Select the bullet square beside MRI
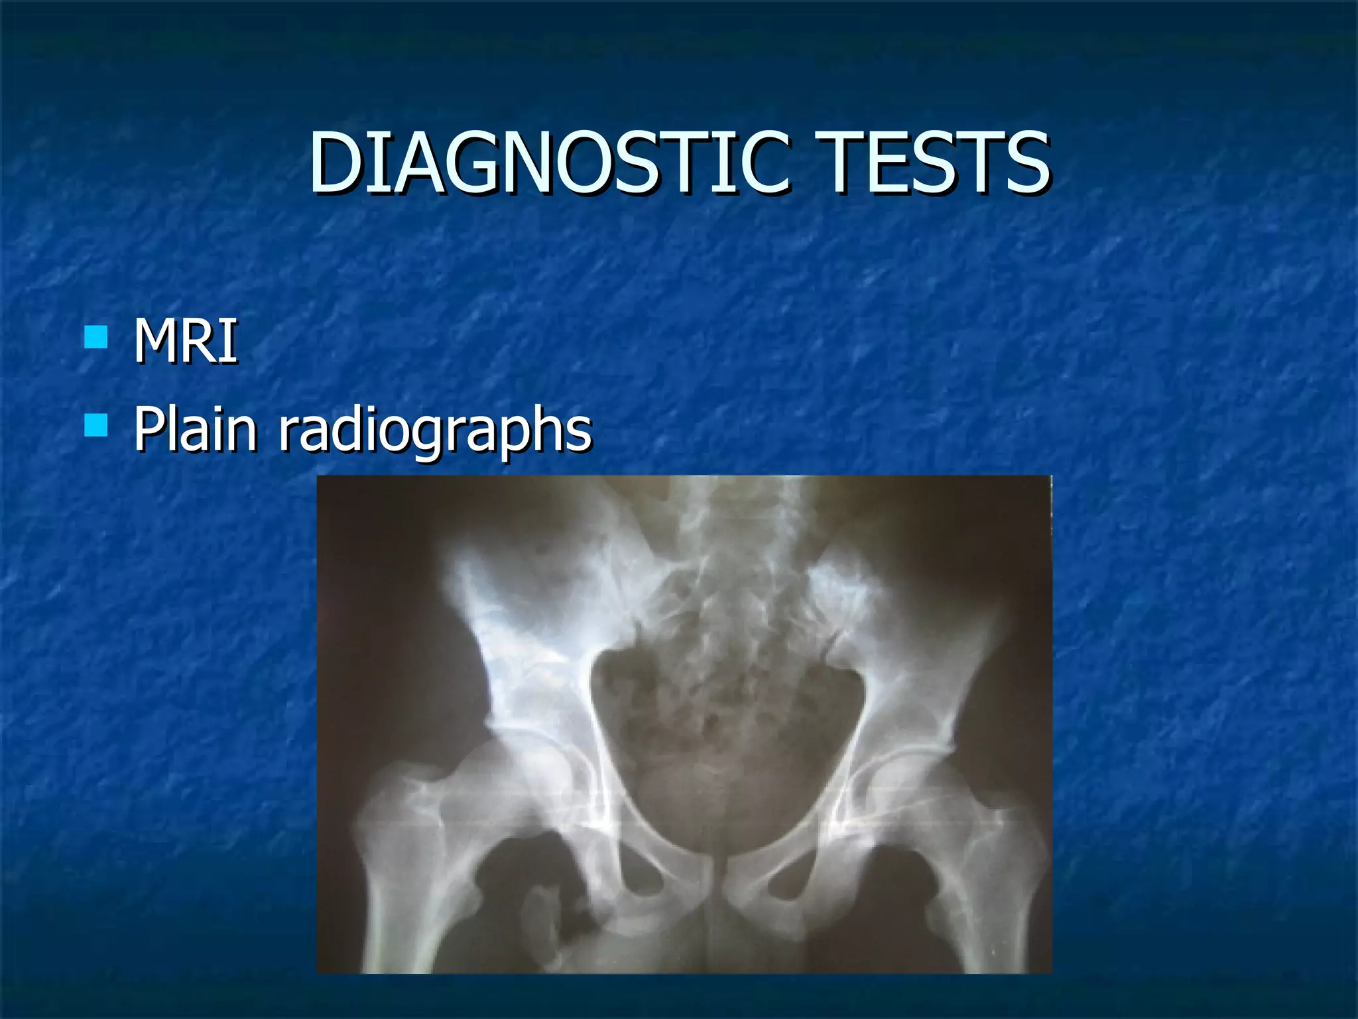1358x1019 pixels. point(96,337)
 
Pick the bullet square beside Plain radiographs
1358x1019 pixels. point(96,425)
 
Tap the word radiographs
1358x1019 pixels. point(434,431)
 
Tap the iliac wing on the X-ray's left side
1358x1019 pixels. point(524,597)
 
